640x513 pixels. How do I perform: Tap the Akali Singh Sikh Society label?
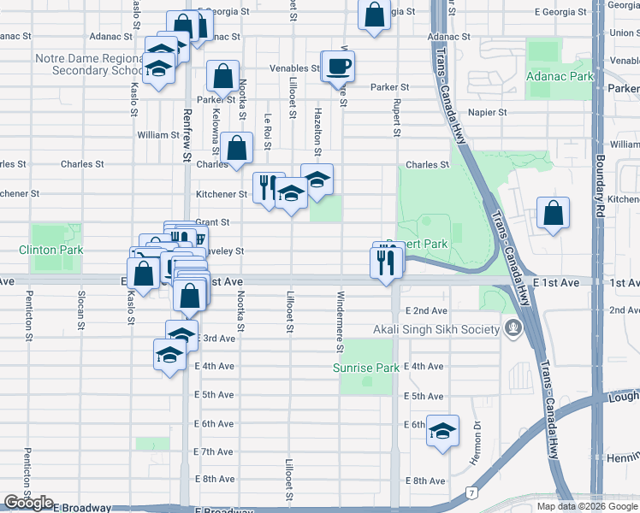(436, 329)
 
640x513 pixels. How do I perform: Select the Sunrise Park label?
(366, 368)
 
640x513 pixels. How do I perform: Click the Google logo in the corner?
(28, 503)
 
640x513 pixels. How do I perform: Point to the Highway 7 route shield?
(470, 492)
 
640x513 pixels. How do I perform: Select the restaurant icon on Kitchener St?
(269, 187)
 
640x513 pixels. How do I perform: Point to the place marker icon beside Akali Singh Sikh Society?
(513, 328)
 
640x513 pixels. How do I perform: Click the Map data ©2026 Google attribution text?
(586, 506)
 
